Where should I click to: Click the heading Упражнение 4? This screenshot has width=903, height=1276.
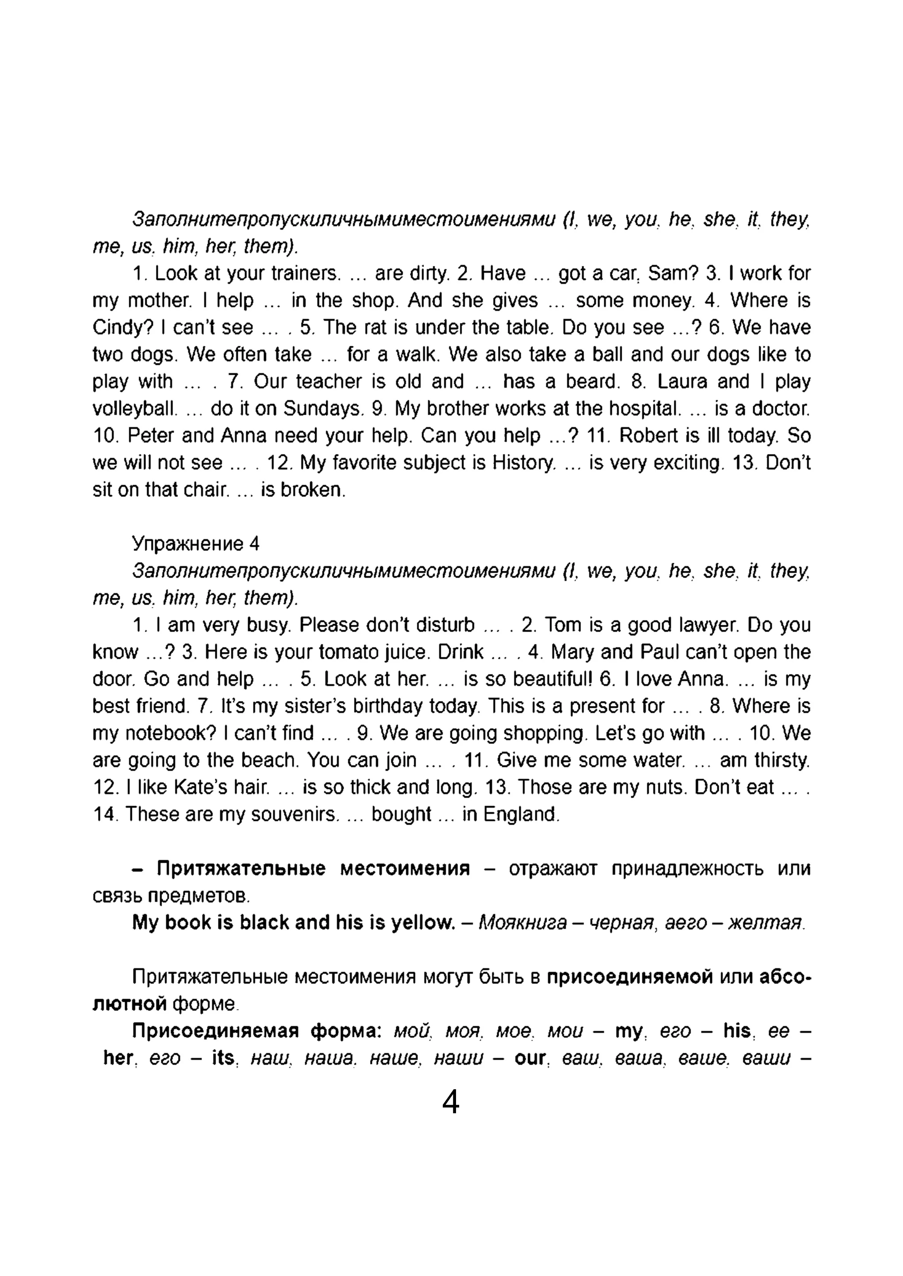coord(196,543)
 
